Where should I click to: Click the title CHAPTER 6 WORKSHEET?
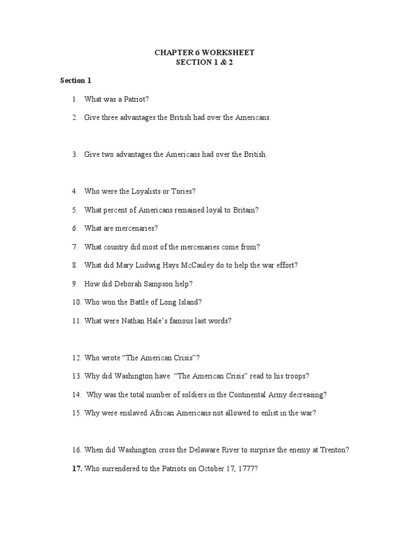[204, 52]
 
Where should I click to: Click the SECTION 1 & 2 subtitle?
[204, 62]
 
